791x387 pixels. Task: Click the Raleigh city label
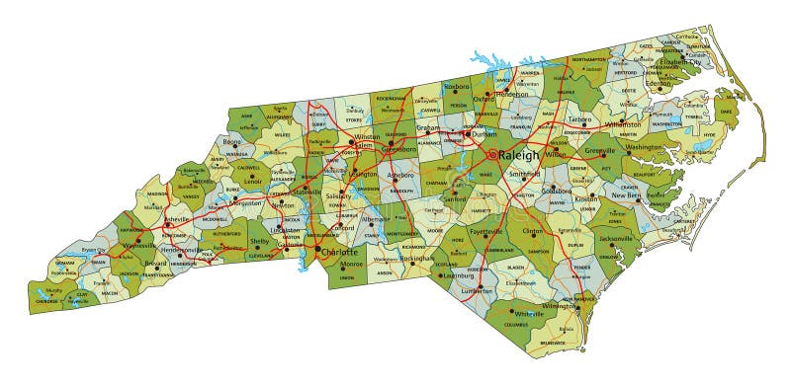pos(519,155)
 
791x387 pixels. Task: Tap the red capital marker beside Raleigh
pos(492,155)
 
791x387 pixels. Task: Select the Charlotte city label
pos(340,252)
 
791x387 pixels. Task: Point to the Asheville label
pos(154,217)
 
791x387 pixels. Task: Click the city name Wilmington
pos(559,306)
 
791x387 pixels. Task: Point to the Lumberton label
pos(477,291)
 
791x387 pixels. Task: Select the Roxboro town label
pos(458,86)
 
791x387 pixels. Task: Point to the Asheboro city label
pos(400,176)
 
